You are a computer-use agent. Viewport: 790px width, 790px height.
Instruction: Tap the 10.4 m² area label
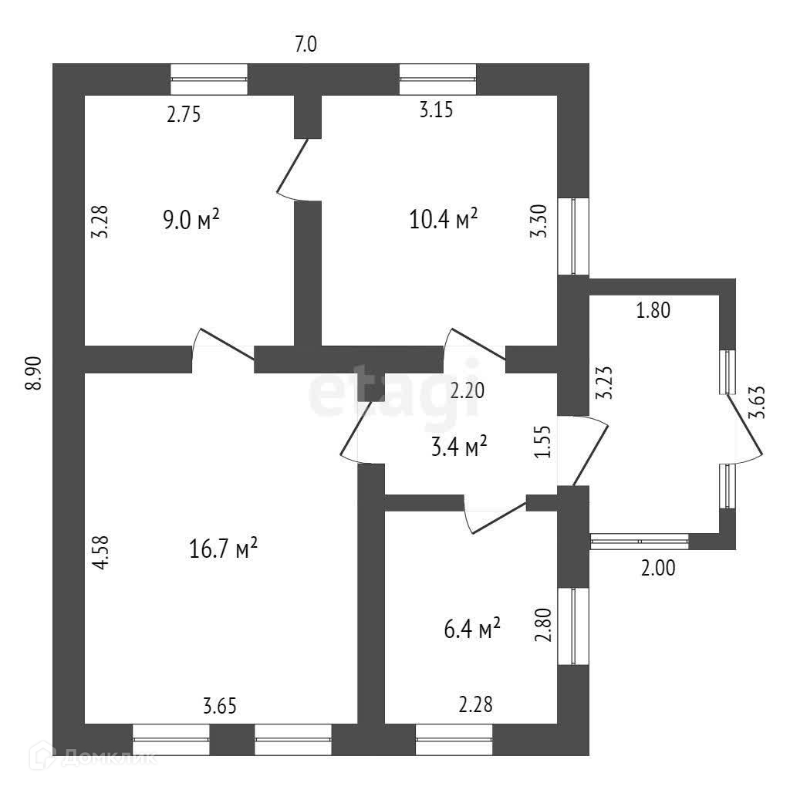tap(444, 221)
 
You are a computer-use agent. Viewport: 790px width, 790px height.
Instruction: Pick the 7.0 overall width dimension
tap(306, 46)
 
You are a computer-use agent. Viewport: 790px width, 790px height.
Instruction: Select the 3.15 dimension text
tap(435, 110)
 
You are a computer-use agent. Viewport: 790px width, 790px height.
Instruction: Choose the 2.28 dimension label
tap(476, 704)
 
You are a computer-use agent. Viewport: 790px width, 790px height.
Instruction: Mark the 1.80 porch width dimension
tap(653, 312)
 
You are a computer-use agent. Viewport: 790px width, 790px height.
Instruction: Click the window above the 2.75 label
tap(208, 79)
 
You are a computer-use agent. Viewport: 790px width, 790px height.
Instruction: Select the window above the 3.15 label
tap(437, 79)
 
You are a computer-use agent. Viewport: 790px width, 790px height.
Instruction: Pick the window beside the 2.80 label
tap(573, 626)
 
